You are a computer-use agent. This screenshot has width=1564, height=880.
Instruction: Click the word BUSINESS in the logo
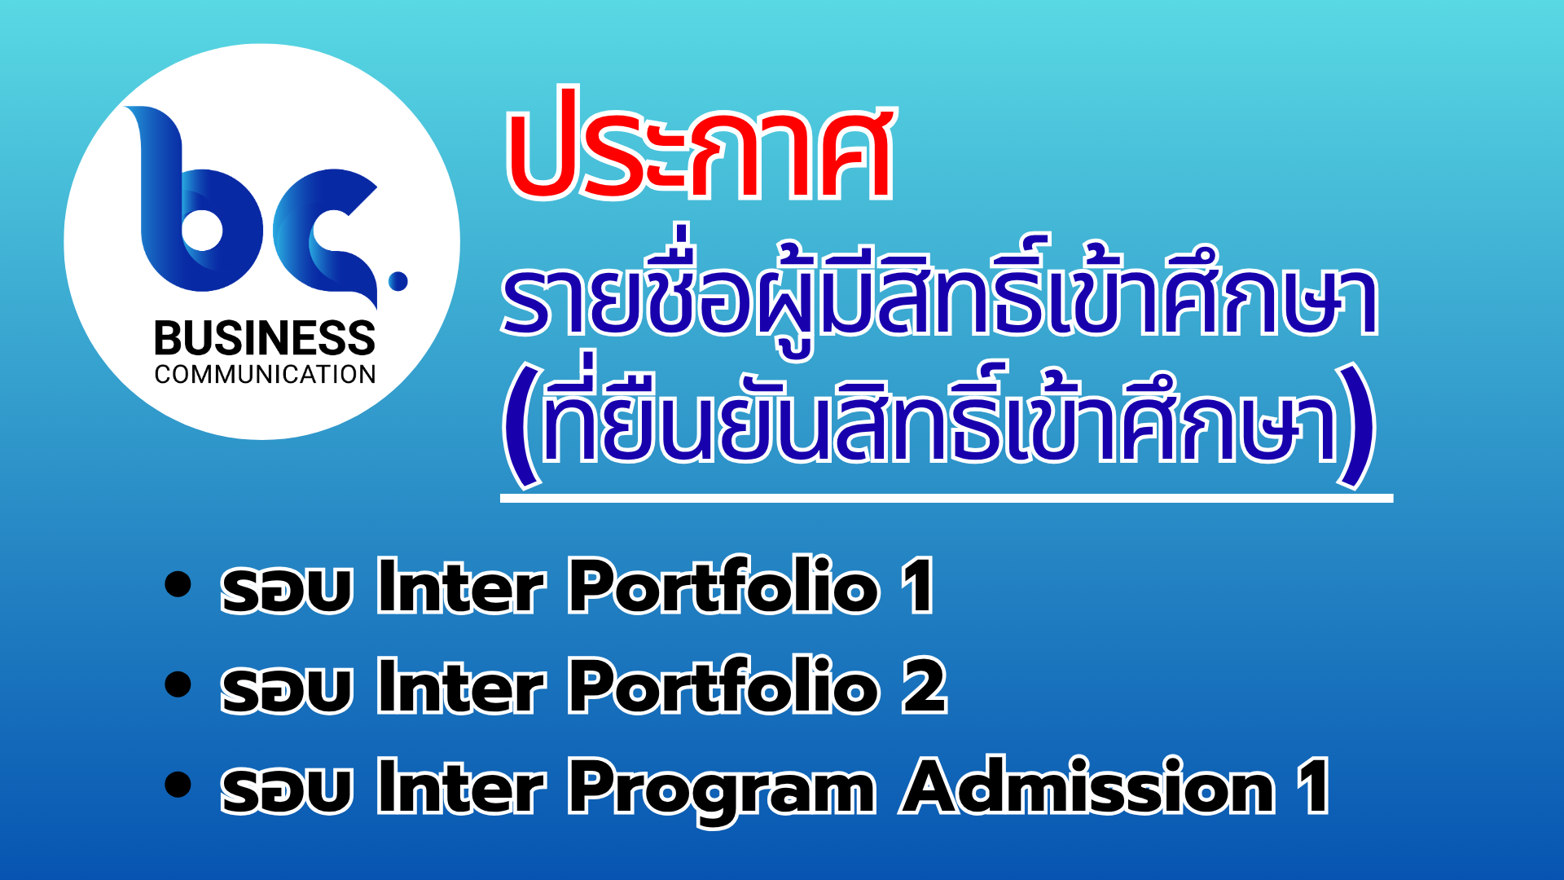pyautogui.click(x=265, y=338)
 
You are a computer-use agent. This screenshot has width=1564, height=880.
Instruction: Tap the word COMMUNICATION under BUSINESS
pyautogui.click(x=265, y=375)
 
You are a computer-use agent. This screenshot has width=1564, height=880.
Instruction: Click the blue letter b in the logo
pyautogui.click(x=195, y=200)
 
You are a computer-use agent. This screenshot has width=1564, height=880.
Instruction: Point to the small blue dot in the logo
pyautogui.click(x=398, y=281)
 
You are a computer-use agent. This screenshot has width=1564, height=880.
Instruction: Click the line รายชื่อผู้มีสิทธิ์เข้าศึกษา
pyautogui.click(x=939, y=293)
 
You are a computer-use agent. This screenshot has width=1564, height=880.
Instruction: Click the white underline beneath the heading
pyautogui.click(x=947, y=498)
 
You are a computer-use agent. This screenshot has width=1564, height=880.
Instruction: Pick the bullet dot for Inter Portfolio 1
pyautogui.click(x=178, y=585)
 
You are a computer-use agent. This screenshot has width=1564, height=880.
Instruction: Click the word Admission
pyautogui.click(x=1088, y=785)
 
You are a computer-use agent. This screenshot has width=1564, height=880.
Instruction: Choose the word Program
pyautogui.click(x=722, y=790)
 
